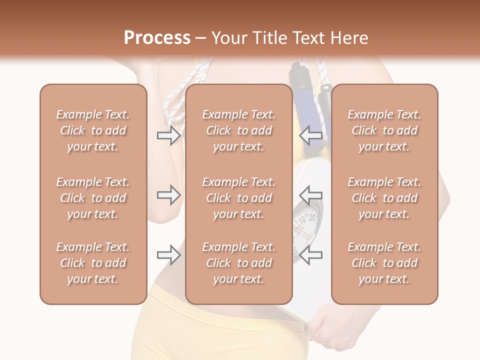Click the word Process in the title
[x=157, y=38]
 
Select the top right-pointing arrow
[x=168, y=135]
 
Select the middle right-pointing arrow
[x=168, y=195]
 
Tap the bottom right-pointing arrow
[x=168, y=255]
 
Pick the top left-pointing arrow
[x=311, y=134]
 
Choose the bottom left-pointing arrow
[x=311, y=254]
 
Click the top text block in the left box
[x=93, y=130]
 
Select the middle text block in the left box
[x=93, y=198]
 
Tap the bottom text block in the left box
[x=93, y=263]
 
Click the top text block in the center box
[x=238, y=130]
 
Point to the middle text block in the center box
[x=238, y=198]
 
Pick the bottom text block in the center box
[x=238, y=263]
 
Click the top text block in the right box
[x=384, y=130]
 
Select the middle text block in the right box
[x=384, y=198]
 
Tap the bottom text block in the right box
[x=384, y=263]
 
